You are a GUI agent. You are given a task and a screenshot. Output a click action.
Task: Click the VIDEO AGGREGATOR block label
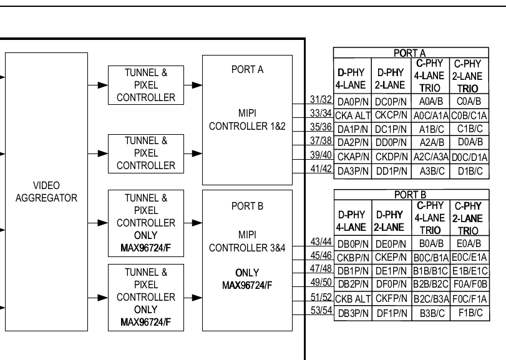pyautogui.click(x=46, y=192)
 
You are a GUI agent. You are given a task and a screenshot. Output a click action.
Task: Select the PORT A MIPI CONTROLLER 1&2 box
pyautogui.click(x=247, y=120)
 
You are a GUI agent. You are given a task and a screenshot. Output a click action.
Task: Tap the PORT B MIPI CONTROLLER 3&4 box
pyautogui.click(x=247, y=260)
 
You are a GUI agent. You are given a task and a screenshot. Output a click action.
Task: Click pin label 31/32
pyautogui.click(x=321, y=99)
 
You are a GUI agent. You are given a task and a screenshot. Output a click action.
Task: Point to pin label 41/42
pyautogui.click(x=321, y=168)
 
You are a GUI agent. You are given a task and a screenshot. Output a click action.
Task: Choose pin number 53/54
pyautogui.click(x=321, y=310)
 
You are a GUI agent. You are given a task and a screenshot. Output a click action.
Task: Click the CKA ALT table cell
pyautogui.click(x=353, y=115)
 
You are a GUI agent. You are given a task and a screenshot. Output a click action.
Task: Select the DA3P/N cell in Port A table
pyautogui.click(x=353, y=171)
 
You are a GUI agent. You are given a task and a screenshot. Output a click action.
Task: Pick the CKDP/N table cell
pyautogui.click(x=391, y=157)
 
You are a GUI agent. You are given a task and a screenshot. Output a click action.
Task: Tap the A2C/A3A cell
pyautogui.click(x=431, y=157)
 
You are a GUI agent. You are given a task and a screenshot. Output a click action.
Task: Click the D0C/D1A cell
pyautogui.click(x=470, y=157)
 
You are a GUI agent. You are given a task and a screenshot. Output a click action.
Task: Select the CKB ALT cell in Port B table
pyautogui.click(x=353, y=299)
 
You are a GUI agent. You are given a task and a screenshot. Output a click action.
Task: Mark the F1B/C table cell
pyautogui.click(x=470, y=313)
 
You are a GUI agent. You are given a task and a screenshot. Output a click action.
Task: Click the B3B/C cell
pyautogui.click(x=432, y=313)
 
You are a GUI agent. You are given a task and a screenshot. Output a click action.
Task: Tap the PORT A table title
pyautogui.click(x=409, y=53)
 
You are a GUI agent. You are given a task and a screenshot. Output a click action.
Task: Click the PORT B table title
pyautogui.click(x=410, y=195)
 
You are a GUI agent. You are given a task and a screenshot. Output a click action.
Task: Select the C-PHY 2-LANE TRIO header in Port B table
pyautogui.click(x=468, y=218)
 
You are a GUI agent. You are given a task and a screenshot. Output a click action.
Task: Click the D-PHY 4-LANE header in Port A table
pyautogui.click(x=351, y=79)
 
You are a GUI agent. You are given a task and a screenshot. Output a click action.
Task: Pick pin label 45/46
pyautogui.click(x=321, y=255)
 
